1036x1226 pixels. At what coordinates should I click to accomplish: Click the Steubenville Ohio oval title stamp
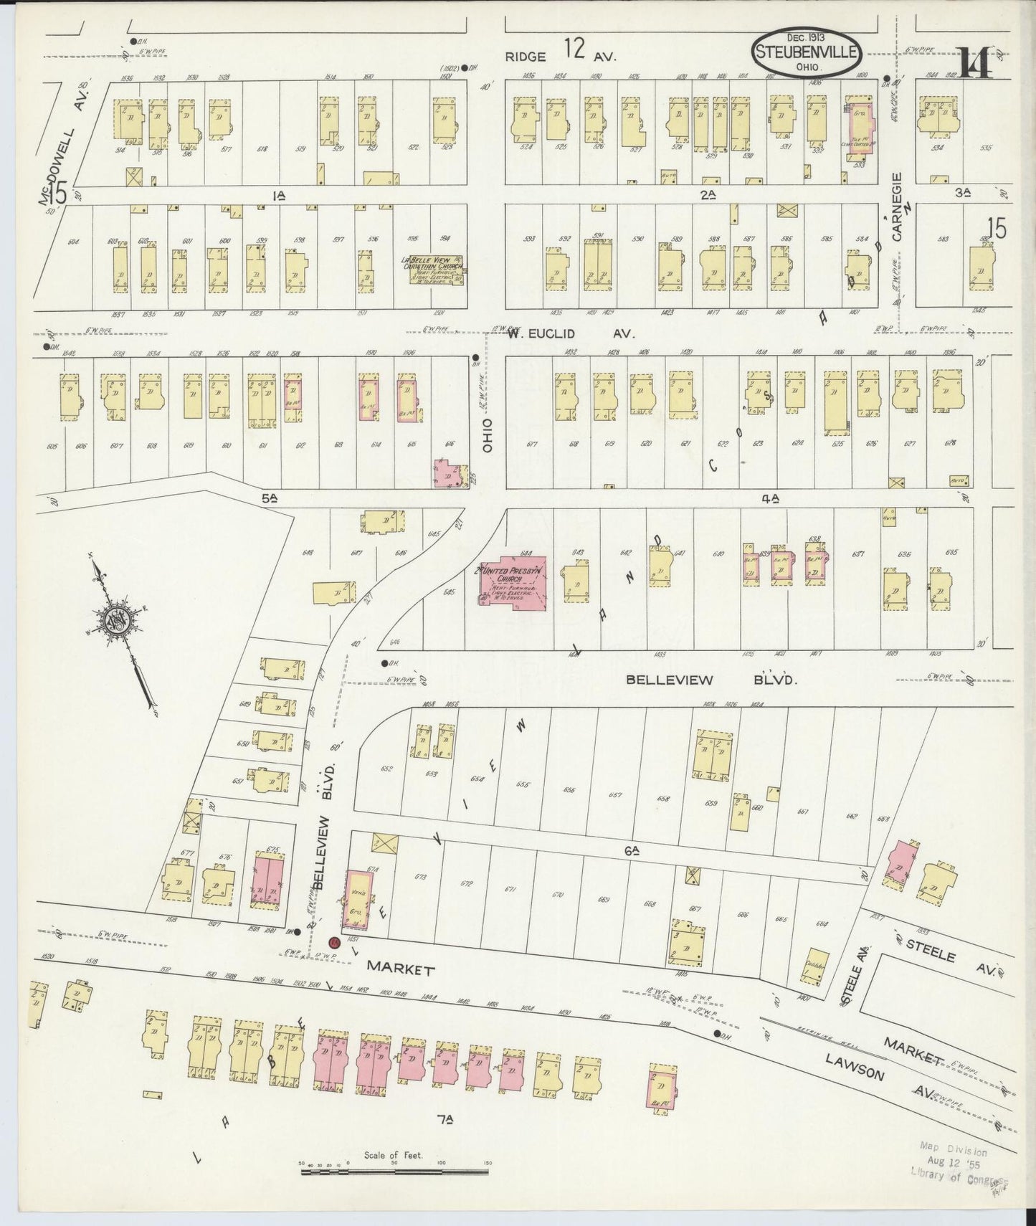[x=807, y=52]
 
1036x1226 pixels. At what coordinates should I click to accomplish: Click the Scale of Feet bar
[x=394, y=1171]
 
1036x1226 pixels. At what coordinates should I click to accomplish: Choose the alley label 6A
[x=631, y=852]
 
